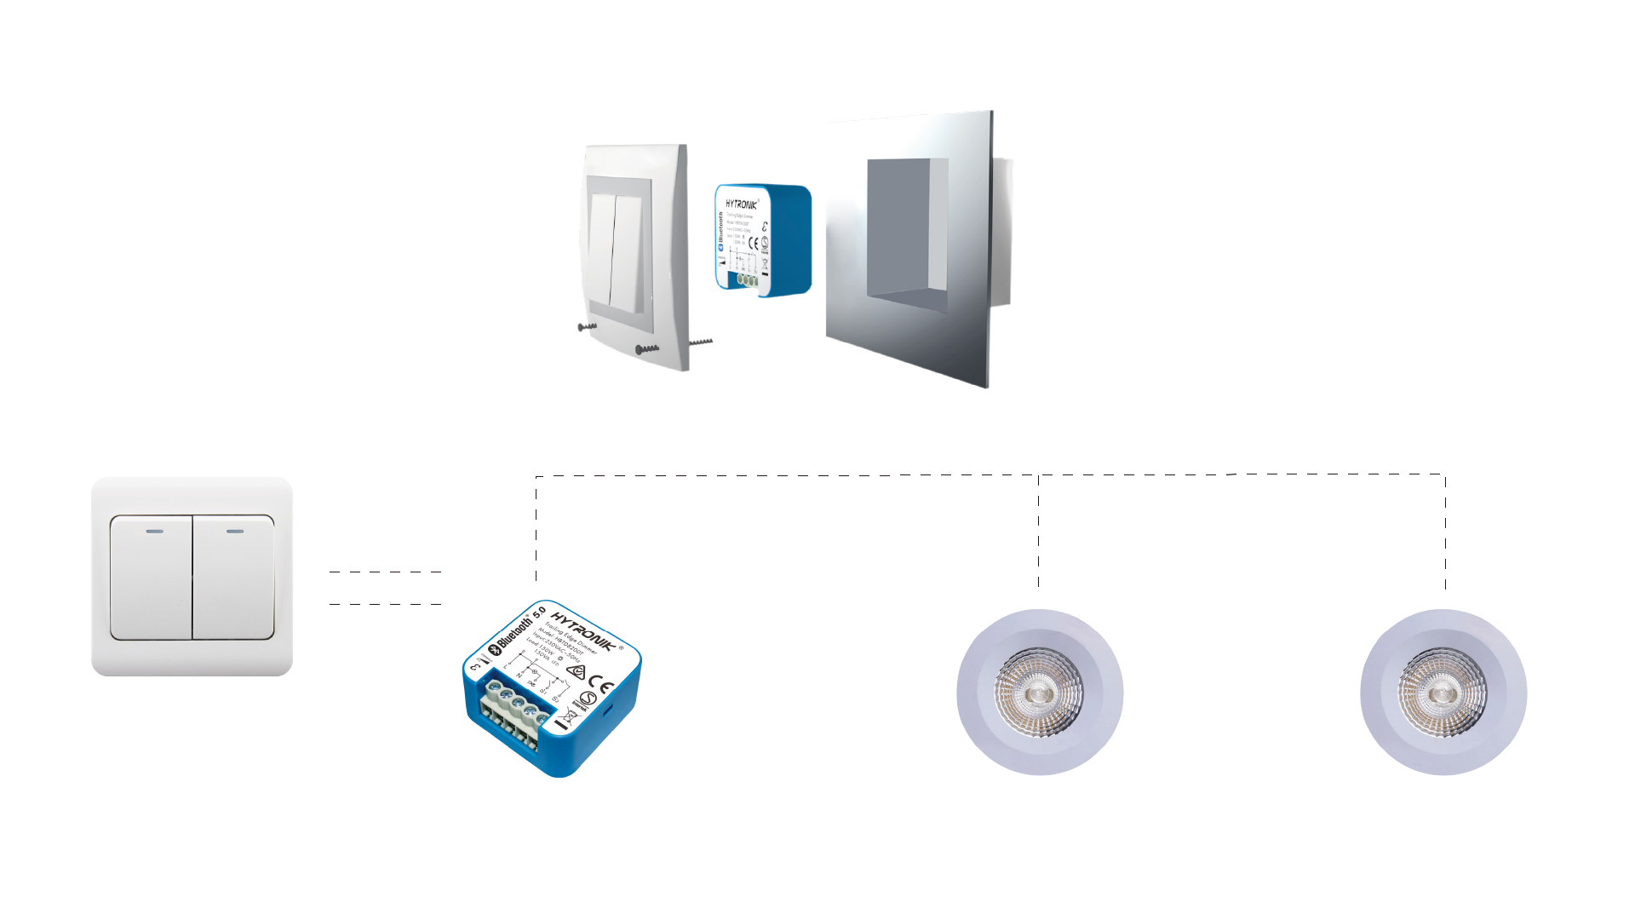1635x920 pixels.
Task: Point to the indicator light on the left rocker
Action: point(154,532)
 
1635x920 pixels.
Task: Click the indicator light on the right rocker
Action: point(235,532)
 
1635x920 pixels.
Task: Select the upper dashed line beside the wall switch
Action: point(385,572)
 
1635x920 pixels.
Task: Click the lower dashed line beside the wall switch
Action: point(385,604)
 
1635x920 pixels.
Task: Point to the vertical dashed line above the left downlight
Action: point(1038,532)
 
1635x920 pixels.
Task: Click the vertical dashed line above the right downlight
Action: point(1445,532)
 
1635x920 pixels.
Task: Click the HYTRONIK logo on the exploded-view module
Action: point(741,204)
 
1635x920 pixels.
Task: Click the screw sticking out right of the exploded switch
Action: point(701,342)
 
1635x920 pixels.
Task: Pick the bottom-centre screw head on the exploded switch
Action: point(640,349)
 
